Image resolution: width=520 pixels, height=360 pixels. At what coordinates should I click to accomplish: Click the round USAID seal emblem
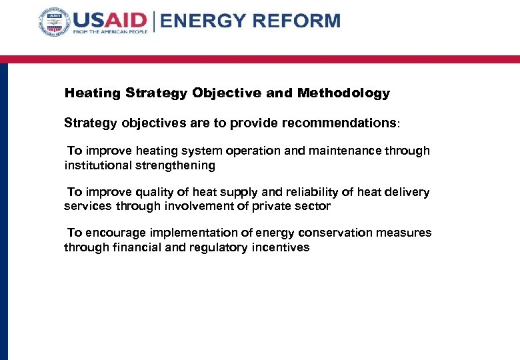pyautogui.click(x=54, y=22)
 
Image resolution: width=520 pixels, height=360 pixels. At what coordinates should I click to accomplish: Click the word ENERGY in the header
pyautogui.click(x=202, y=21)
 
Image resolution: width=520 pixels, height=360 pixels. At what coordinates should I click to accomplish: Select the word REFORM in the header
pyautogui.click(x=295, y=21)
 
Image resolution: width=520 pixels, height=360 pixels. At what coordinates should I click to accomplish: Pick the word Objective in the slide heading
pyautogui.click(x=227, y=93)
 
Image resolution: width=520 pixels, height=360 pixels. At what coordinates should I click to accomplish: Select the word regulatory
pyautogui.click(x=219, y=247)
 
